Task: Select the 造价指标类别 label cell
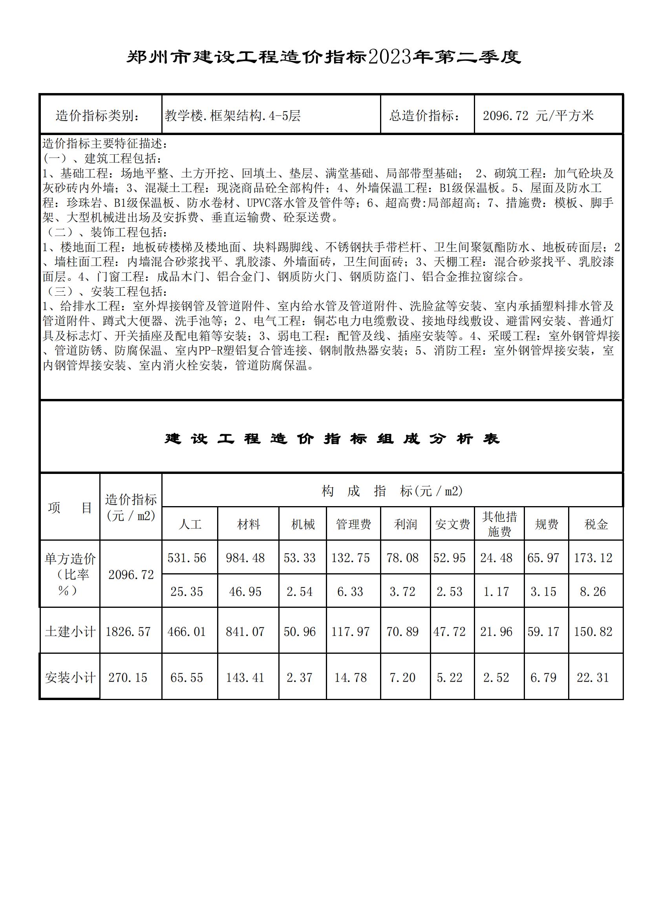98,116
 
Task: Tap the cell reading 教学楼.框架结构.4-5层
233,116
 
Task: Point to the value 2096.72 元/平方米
538,116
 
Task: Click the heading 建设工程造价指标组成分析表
331,439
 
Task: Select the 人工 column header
190,524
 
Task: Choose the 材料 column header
248,524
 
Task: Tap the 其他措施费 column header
499,524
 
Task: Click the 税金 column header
596,524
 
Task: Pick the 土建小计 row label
70,632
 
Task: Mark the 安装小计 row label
70,678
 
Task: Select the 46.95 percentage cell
245,592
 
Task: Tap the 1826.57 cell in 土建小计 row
128,632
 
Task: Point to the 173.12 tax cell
593,558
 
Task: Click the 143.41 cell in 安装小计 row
245,678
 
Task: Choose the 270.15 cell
128,678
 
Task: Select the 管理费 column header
353,524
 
